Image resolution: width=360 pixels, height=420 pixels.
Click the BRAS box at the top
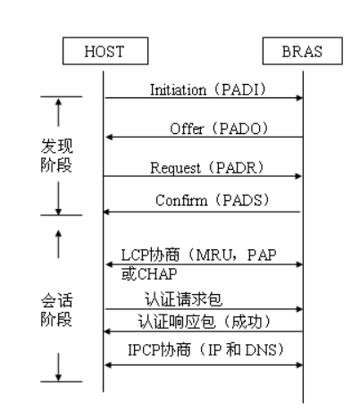tap(303, 53)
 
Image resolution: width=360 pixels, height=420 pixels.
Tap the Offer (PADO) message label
tap(213, 128)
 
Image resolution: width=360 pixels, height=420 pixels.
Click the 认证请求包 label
tap(173, 300)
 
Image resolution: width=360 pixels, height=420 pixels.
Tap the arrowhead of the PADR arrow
tap(300, 176)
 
